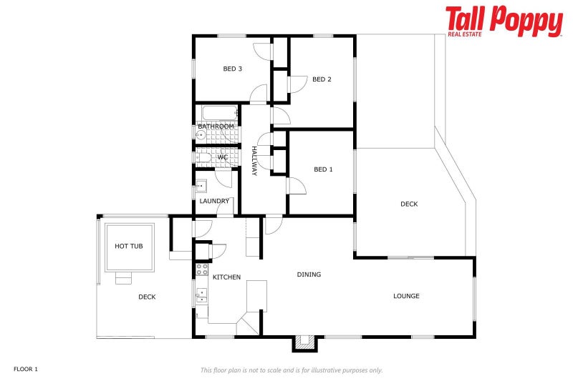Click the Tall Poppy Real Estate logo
[504, 21]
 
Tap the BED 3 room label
[232, 69]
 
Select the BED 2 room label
[322, 79]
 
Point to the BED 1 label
[323, 169]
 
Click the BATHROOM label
[216, 127]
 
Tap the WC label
[223, 157]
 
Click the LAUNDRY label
[214, 201]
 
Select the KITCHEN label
[226, 277]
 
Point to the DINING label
[309, 274]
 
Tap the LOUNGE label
[406, 296]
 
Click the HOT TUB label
[129, 246]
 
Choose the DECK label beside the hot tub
[147, 297]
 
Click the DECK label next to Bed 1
[409, 204]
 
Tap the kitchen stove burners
[202, 269]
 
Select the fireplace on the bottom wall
[304, 343]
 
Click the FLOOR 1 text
[25, 369]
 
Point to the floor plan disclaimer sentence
[291, 370]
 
